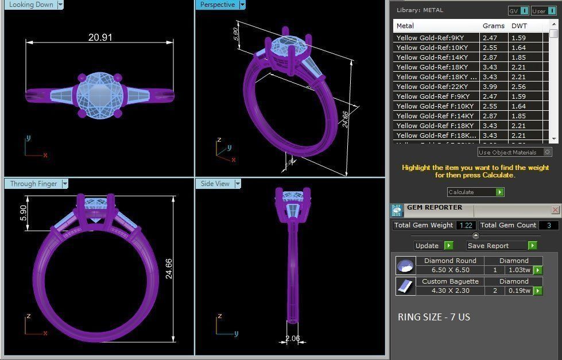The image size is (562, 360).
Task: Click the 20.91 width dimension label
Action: pyautogui.click(x=100, y=37)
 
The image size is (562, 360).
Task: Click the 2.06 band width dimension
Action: pyautogui.click(x=292, y=338)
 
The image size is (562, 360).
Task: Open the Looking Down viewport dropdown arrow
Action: pyautogui.click(x=60, y=5)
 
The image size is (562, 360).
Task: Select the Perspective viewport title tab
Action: pyautogui.click(x=218, y=5)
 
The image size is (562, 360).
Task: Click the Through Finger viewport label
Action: pyautogui.click(x=34, y=184)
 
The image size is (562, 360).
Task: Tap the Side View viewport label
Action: pyautogui.click(x=215, y=184)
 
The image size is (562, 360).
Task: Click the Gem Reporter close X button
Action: pyautogui.click(x=555, y=210)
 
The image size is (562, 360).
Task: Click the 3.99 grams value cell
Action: pyautogui.click(x=490, y=87)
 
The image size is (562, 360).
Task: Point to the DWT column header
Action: pyautogui.click(x=519, y=26)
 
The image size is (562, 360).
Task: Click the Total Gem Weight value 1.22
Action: pyautogui.click(x=466, y=226)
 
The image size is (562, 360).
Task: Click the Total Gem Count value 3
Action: pyautogui.click(x=549, y=226)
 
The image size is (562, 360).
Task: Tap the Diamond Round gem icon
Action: pyautogui.click(x=405, y=266)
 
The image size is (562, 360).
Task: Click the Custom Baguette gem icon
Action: pyautogui.click(x=405, y=286)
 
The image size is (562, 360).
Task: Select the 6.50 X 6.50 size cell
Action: pyautogui.click(x=450, y=270)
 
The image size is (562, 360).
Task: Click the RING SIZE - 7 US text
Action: pyautogui.click(x=433, y=317)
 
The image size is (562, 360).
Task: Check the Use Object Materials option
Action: pyautogui.click(x=547, y=152)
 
